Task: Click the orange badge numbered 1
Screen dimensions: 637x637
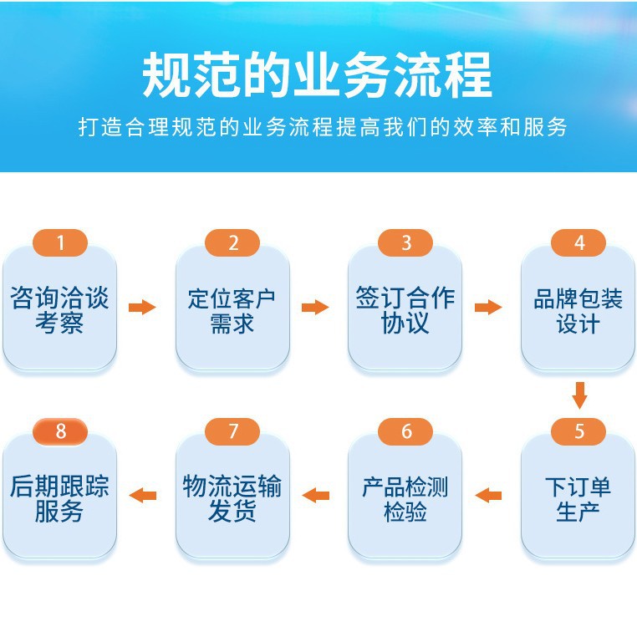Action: [x=59, y=243]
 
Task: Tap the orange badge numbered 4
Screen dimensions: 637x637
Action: [x=578, y=243]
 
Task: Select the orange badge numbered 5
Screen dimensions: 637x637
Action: [x=578, y=432]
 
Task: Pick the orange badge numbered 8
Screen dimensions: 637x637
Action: [x=59, y=432]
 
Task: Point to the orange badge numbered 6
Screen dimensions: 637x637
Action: [x=405, y=432]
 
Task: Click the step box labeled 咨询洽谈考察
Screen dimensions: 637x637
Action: [x=59, y=309]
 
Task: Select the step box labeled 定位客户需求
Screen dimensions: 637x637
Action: [x=232, y=309]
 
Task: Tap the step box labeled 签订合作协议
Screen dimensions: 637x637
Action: [x=405, y=309]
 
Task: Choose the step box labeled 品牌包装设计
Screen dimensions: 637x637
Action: [x=578, y=309]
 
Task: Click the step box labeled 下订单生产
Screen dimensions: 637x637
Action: [x=578, y=498]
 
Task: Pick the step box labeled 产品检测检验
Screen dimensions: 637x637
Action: [x=405, y=498]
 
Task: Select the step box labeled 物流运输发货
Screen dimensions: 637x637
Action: [x=232, y=498]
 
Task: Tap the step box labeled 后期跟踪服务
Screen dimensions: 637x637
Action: [x=59, y=498]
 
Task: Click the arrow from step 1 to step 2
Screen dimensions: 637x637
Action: [x=142, y=308]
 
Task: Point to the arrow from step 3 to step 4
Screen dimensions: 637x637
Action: [x=488, y=308]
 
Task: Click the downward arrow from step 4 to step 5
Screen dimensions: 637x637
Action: [x=579, y=395]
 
